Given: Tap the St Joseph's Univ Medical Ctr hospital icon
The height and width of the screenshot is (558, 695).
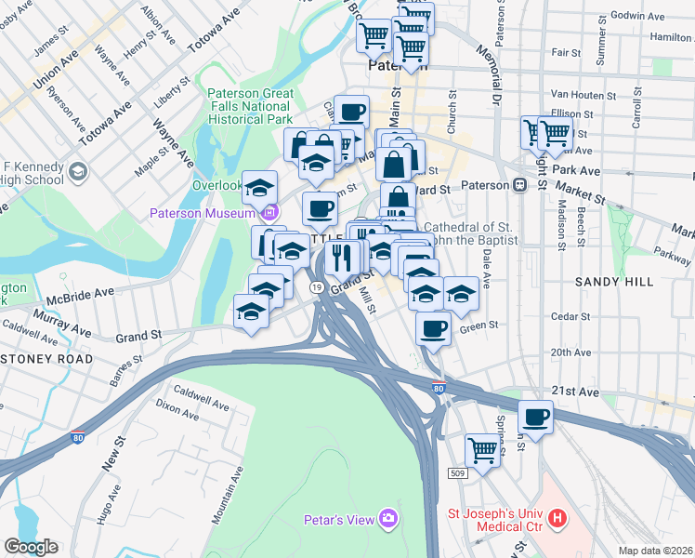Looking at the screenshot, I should click(557, 518).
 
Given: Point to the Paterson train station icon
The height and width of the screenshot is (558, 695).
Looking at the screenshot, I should click(527, 184).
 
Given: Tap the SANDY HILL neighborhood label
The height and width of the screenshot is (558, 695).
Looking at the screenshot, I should click(609, 280).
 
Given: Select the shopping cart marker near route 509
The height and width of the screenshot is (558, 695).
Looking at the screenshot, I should click(482, 450).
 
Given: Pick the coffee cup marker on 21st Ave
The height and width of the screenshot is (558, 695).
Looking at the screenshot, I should click(535, 416).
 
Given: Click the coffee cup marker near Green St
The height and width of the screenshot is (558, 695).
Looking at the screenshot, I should click(434, 326).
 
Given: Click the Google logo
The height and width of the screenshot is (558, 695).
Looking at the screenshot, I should click(31, 547).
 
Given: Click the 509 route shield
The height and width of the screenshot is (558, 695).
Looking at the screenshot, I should click(456, 473).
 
